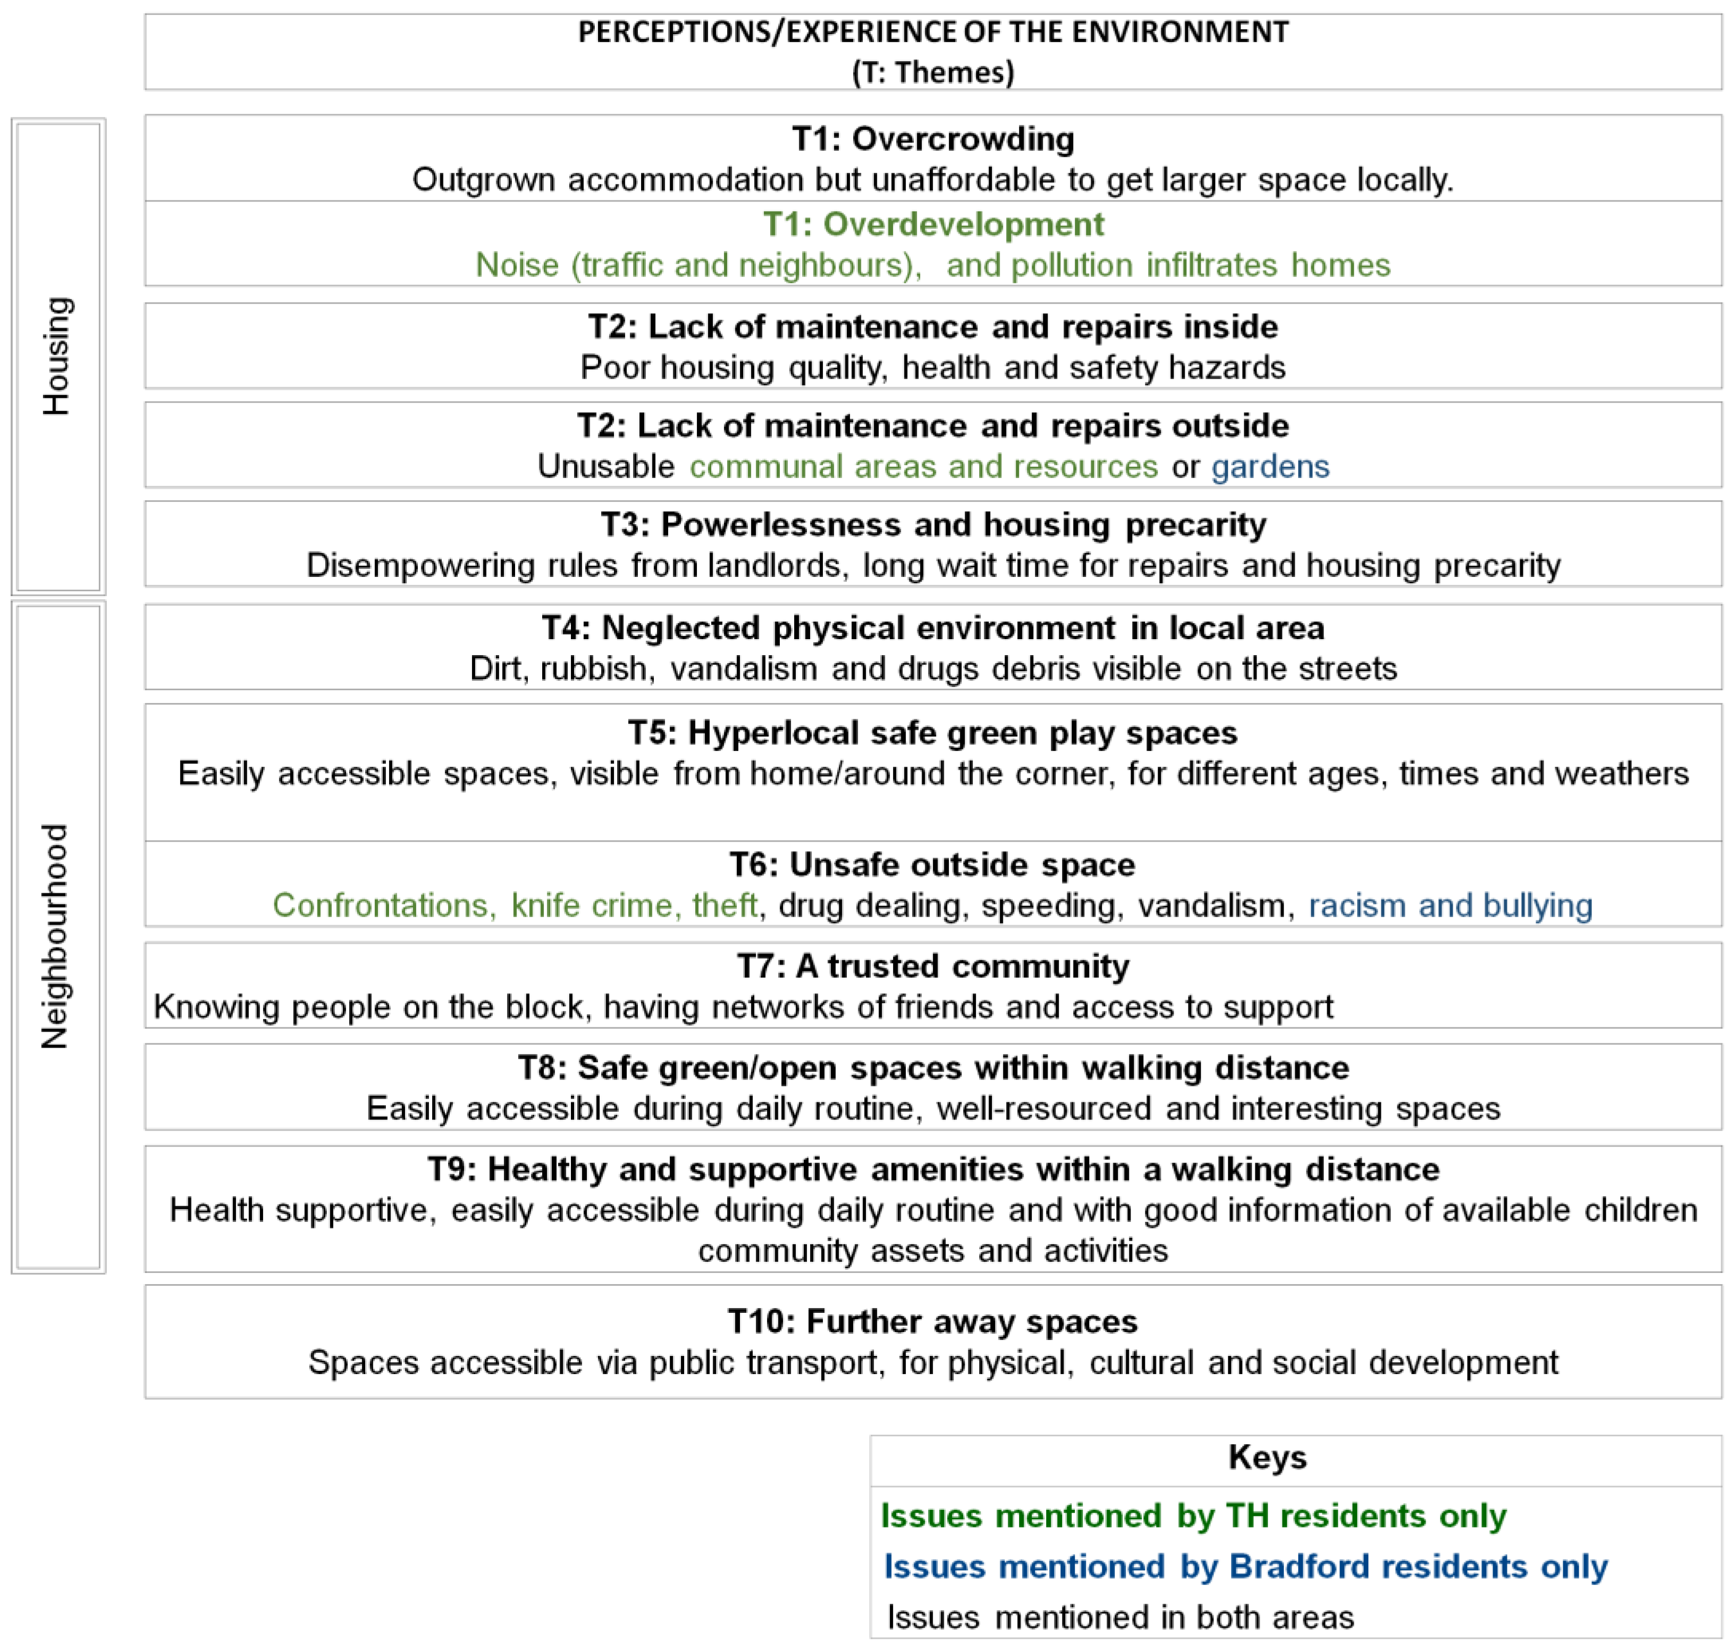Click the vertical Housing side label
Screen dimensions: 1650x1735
pos(56,356)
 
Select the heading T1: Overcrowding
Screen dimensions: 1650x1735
pos(932,139)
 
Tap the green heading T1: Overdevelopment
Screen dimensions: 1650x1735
pos(932,224)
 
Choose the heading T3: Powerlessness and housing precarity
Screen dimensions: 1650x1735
pos(932,524)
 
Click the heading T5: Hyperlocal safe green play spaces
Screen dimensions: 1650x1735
pos(932,733)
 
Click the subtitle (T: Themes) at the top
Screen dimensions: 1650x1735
pos(932,72)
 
